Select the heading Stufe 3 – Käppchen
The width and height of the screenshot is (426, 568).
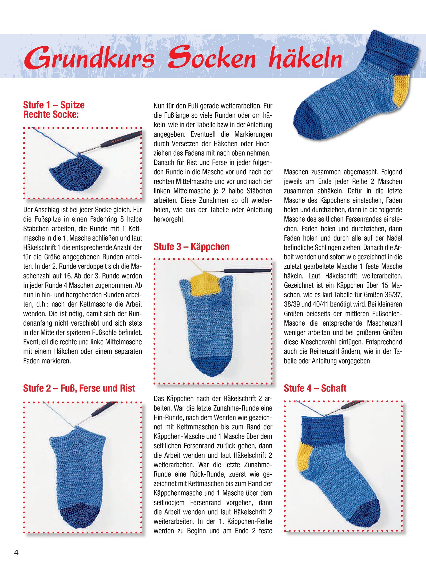click(x=191, y=247)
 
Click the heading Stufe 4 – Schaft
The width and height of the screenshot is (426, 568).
click(x=315, y=388)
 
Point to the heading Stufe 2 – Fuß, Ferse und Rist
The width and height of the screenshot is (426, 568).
click(x=79, y=388)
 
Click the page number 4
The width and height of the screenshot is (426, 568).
click(x=16, y=552)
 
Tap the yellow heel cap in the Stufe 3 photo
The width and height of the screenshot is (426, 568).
click(x=205, y=285)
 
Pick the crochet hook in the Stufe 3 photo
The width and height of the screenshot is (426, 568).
click(x=247, y=270)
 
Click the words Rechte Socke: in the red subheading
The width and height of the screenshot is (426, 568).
click(x=51, y=115)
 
